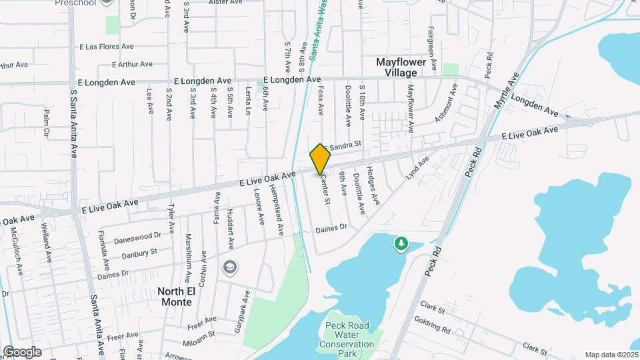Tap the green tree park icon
[401, 245]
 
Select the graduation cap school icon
[230, 267]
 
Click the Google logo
[22, 352]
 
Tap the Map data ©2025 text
[611, 355]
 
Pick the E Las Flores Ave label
[107, 47]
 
